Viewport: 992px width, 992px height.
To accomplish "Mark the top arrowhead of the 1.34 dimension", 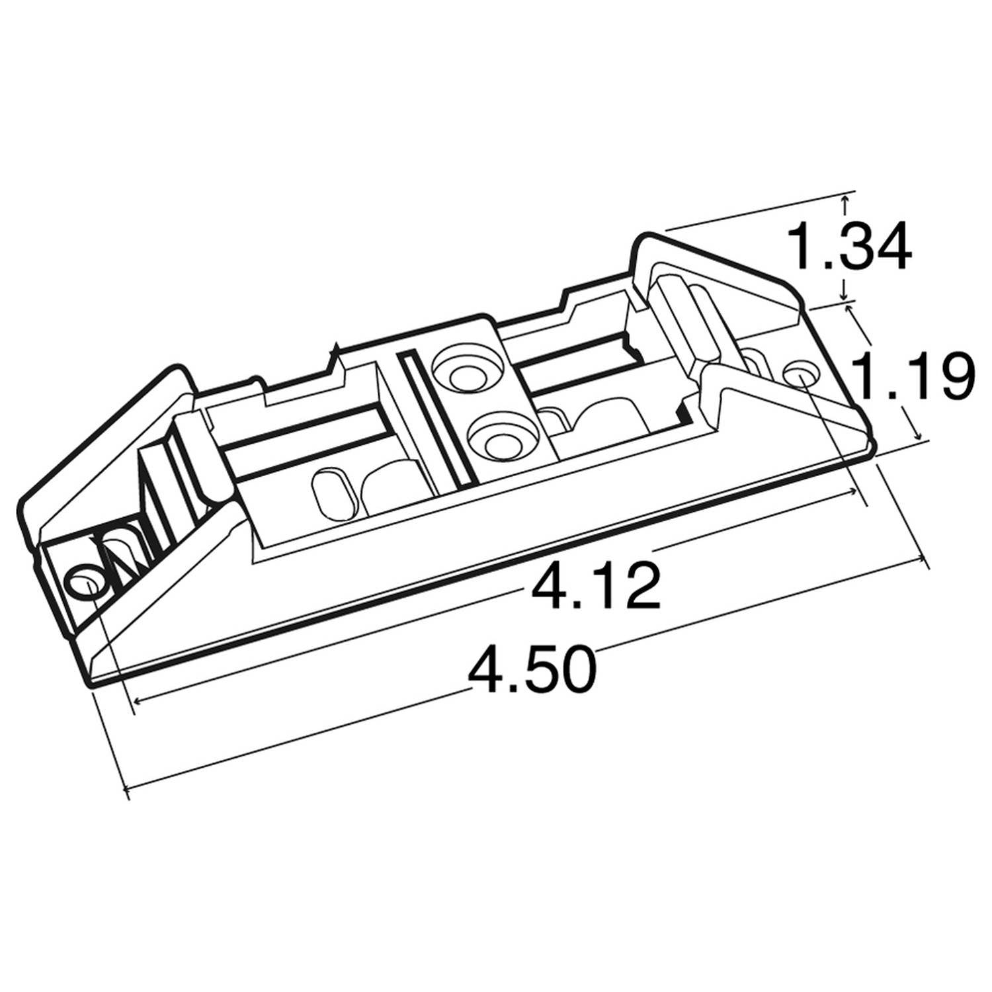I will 845,197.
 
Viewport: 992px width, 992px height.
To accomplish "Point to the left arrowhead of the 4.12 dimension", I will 137,700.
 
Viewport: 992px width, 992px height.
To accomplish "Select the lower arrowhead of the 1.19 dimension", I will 917,436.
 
